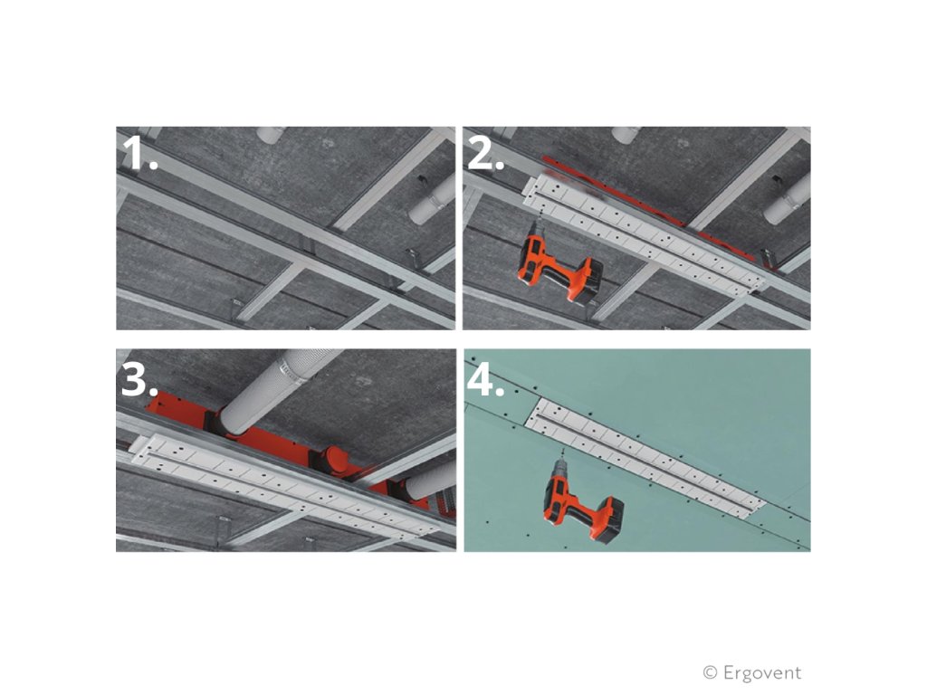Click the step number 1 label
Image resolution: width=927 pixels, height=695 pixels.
(x=139, y=154)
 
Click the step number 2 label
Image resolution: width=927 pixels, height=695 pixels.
(x=485, y=154)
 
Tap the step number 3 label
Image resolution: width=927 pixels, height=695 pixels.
(x=139, y=379)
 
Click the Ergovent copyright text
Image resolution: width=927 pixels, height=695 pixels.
(x=752, y=672)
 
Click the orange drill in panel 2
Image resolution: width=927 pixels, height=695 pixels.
(x=559, y=265)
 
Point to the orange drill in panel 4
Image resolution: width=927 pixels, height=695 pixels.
(x=582, y=497)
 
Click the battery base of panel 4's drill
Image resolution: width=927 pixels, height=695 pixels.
(x=606, y=517)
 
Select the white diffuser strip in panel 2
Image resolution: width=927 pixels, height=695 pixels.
(x=644, y=233)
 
